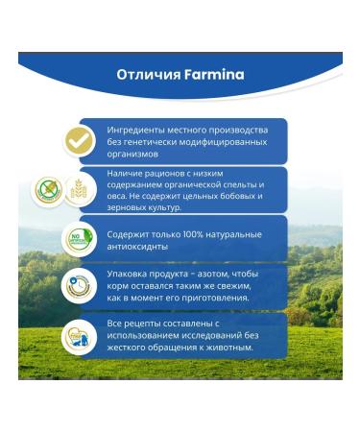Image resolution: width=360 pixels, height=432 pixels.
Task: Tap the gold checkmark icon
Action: point(80,140)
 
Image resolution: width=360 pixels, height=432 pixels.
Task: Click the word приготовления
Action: point(207,298)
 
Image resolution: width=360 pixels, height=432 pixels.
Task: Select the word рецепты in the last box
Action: point(143,324)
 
